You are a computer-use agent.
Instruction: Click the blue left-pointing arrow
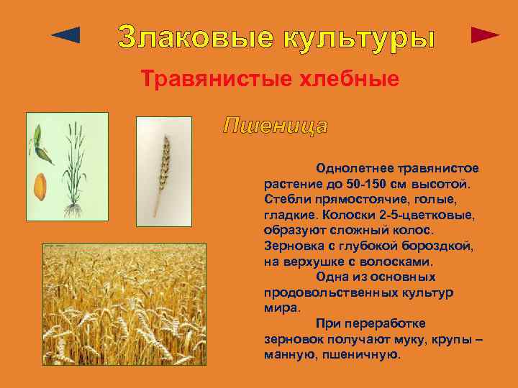pos(66,35)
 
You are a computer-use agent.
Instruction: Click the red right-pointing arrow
pos(485,35)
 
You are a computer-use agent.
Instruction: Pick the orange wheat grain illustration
pos(40,185)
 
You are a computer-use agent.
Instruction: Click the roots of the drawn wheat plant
pos(71,209)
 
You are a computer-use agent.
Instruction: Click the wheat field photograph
pos(124,305)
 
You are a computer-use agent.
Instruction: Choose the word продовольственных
pos(327,292)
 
